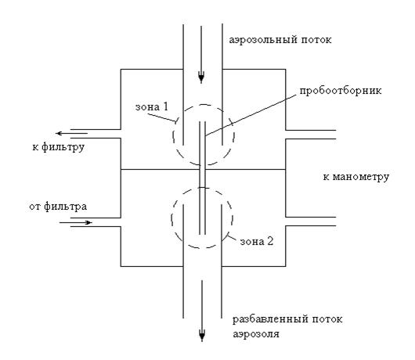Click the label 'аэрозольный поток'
(280, 40)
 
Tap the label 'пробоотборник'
(341, 91)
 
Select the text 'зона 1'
(152, 107)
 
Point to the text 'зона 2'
(257, 242)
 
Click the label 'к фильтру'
(59, 147)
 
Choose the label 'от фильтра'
(58, 207)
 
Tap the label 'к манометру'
(356, 177)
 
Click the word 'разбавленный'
(270, 319)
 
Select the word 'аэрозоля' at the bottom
(256, 334)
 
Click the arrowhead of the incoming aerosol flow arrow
(201, 78)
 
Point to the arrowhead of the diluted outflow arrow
(202, 337)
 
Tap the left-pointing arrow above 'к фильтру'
(72, 133)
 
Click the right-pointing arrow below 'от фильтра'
(76, 222)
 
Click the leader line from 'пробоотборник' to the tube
(251, 116)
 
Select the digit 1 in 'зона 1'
(165, 106)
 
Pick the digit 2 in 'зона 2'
(269, 241)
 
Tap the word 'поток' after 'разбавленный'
(327, 319)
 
